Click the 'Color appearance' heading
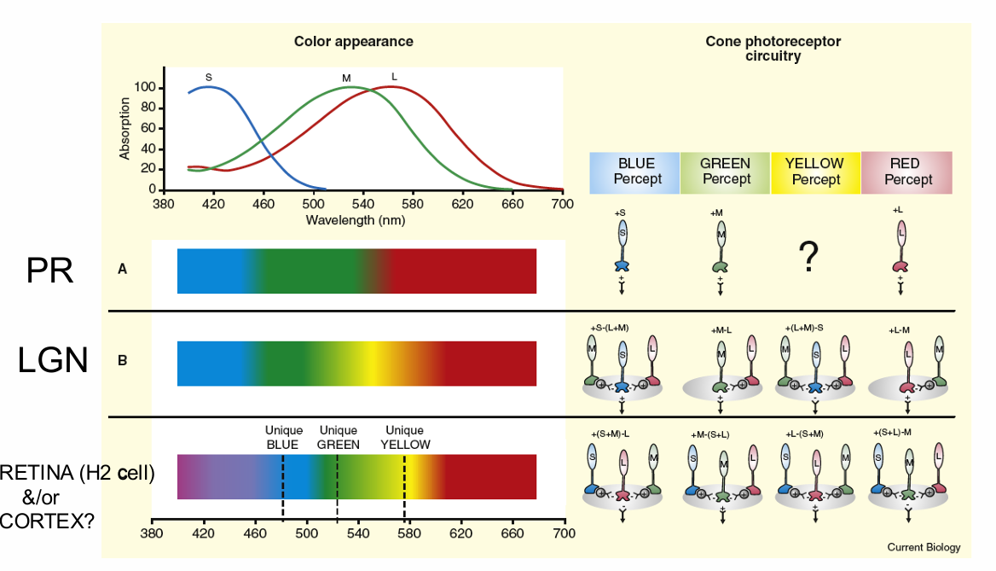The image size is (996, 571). (353, 41)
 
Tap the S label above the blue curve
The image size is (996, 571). (209, 77)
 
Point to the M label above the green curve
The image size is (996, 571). (346, 79)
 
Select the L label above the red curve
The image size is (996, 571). (394, 77)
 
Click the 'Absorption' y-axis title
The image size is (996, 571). (125, 128)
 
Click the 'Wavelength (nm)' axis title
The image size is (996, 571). (355, 219)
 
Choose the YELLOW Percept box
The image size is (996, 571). (815, 172)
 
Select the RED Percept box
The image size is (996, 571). (907, 172)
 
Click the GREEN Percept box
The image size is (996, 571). (726, 172)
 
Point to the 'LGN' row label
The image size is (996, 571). (53, 361)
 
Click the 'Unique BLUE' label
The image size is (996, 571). (283, 437)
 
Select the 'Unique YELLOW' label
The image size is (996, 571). (404, 437)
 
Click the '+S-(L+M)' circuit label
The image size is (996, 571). (609, 329)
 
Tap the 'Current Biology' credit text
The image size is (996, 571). (924, 547)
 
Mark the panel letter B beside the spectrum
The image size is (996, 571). (122, 360)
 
